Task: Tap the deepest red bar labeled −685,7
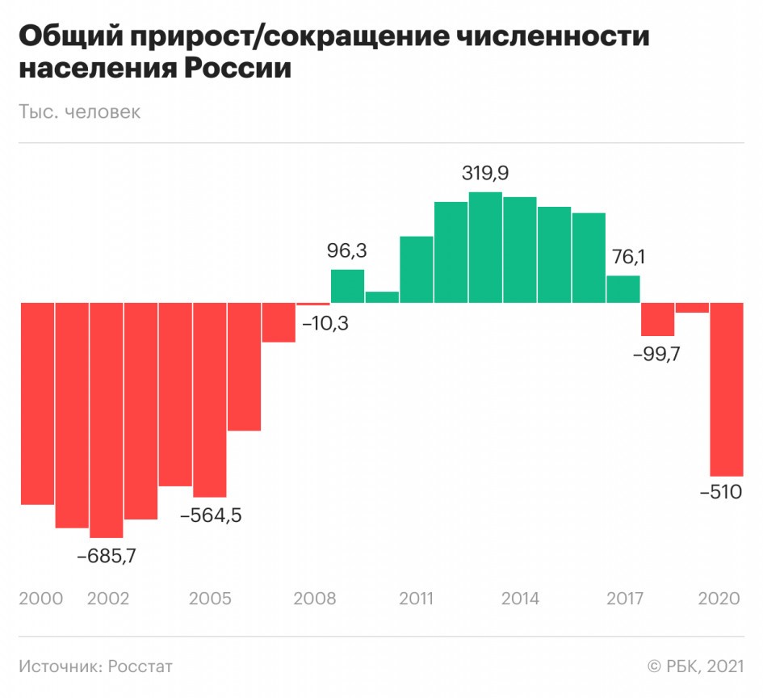coord(107,420)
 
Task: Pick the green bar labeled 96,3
coord(348,287)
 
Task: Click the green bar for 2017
coord(623,289)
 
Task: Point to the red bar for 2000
coord(37,403)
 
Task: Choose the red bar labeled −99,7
coord(657,319)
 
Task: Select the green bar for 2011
coord(417,270)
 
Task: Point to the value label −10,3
coord(325,325)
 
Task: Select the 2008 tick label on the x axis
coord(314,599)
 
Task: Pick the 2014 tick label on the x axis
coord(520,599)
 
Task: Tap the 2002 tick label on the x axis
coord(107,599)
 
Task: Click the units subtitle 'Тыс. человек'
coord(79,111)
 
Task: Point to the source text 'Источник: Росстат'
coord(95,666)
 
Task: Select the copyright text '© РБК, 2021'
coord(694,666)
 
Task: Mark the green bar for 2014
coord(520,250)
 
